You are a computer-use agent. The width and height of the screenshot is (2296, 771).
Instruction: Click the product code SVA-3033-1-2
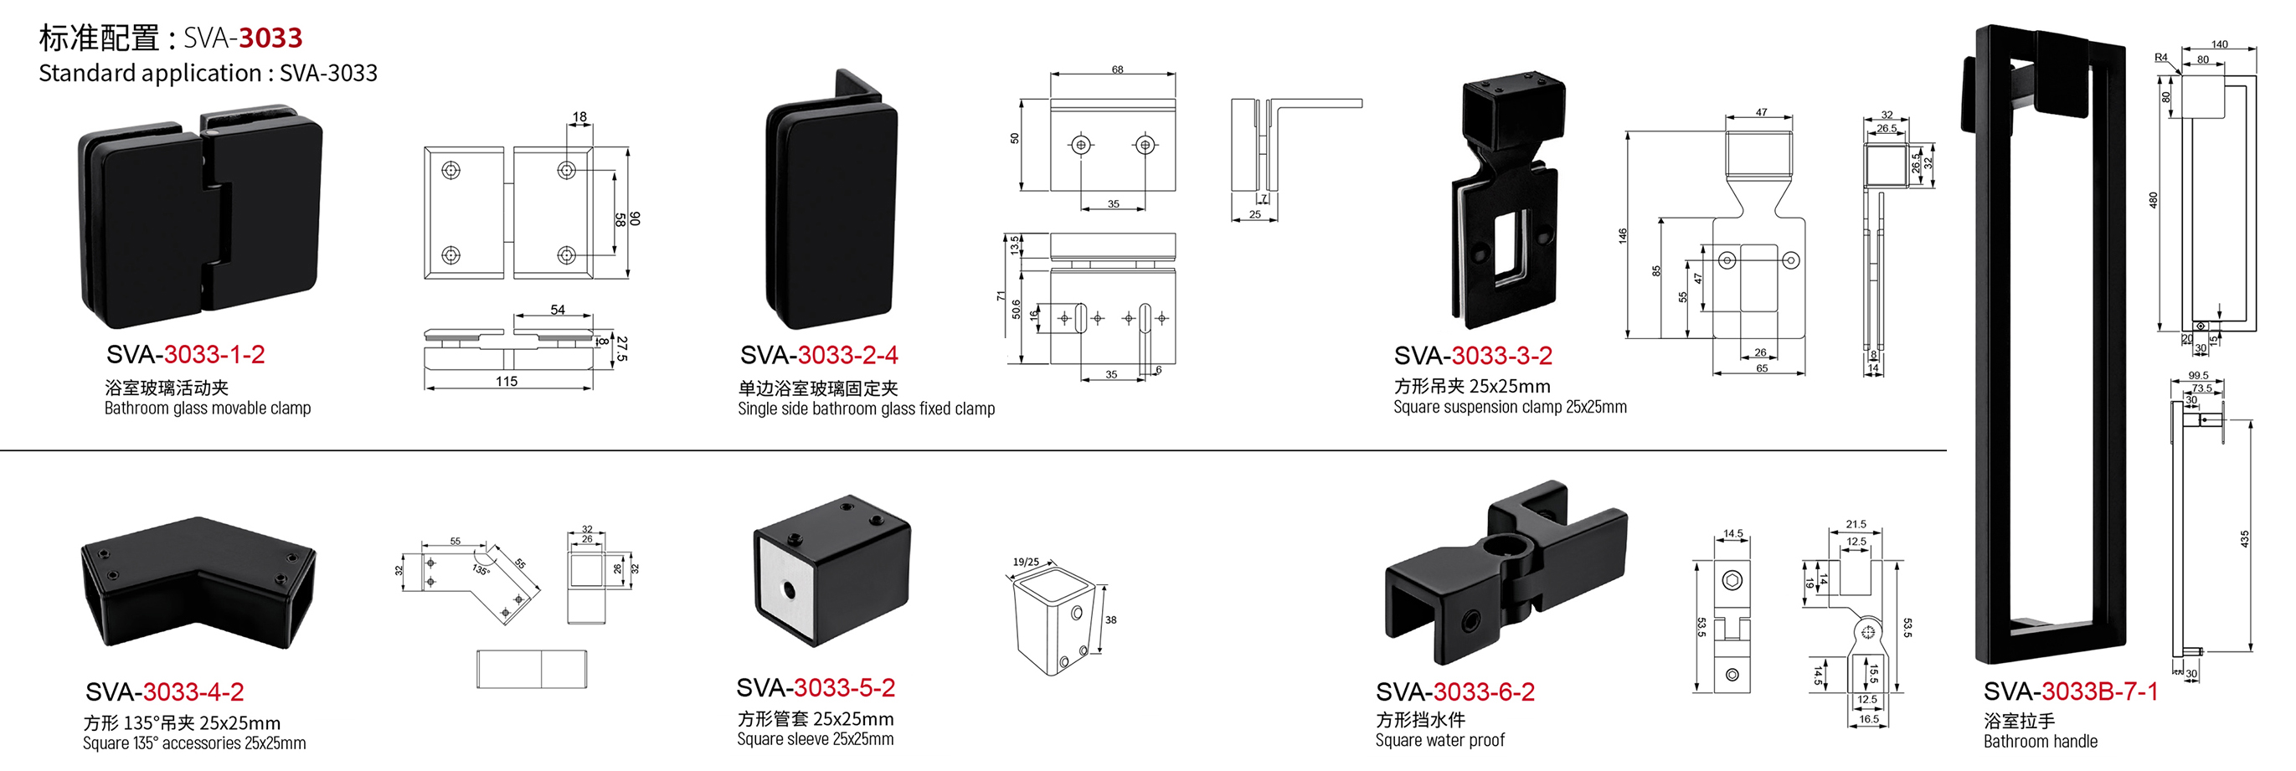coord(185,355)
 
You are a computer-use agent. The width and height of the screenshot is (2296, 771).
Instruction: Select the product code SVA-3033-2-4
coord(818,356)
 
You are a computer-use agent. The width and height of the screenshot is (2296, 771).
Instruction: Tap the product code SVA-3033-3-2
coord(1472,357)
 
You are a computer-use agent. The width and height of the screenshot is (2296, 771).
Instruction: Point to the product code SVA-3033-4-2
coord(164,692)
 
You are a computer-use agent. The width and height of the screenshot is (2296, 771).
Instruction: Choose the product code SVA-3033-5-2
coord(815,688)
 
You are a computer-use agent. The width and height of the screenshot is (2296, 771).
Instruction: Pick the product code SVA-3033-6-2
coord(1454,692)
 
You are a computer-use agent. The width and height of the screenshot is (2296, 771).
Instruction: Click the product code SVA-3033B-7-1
coord(2070,692)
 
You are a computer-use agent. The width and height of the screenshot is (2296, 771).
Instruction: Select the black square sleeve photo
coord(831,569)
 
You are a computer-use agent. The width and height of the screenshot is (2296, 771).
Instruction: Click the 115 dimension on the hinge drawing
coord(507,382)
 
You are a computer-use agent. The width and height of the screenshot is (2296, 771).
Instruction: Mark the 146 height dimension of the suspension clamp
coord(1623,235)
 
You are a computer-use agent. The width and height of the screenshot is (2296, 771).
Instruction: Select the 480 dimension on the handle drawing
coord(2154,201)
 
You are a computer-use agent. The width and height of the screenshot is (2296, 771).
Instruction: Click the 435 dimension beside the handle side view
coord(2244,538)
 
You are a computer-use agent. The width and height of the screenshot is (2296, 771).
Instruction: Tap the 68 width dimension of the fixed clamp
coord(1117,69)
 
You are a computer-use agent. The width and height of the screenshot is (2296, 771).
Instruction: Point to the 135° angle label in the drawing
coord(481,569)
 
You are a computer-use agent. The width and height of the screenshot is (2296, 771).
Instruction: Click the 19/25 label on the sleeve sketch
coord(1026,563)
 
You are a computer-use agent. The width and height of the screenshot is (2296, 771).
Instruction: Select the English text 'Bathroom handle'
coord(2041,742)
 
